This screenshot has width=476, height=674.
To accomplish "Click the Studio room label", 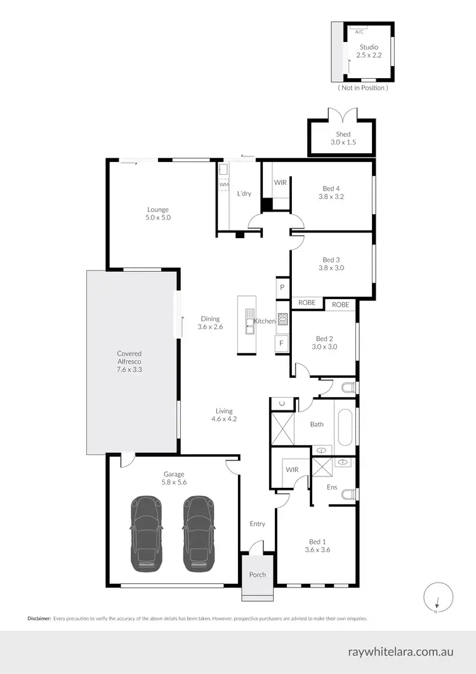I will [368, 47].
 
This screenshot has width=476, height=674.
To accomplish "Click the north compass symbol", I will [437, 598].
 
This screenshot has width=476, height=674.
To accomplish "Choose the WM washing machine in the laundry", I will [223, 184].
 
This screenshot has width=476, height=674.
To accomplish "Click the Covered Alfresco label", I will [129, 361].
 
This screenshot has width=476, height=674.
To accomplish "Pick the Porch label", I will [257, 574].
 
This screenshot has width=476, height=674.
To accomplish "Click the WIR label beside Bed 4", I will [281, 182].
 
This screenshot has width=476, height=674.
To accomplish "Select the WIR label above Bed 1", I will [292, 469].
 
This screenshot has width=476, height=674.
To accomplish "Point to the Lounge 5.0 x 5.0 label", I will [159, 213].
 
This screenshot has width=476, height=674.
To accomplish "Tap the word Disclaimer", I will [38, 618].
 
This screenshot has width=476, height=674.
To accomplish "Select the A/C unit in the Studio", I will [359, 31].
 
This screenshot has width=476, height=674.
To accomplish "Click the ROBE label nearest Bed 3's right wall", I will [341, 305].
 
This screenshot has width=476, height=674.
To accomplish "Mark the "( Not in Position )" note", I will [363, 88].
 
